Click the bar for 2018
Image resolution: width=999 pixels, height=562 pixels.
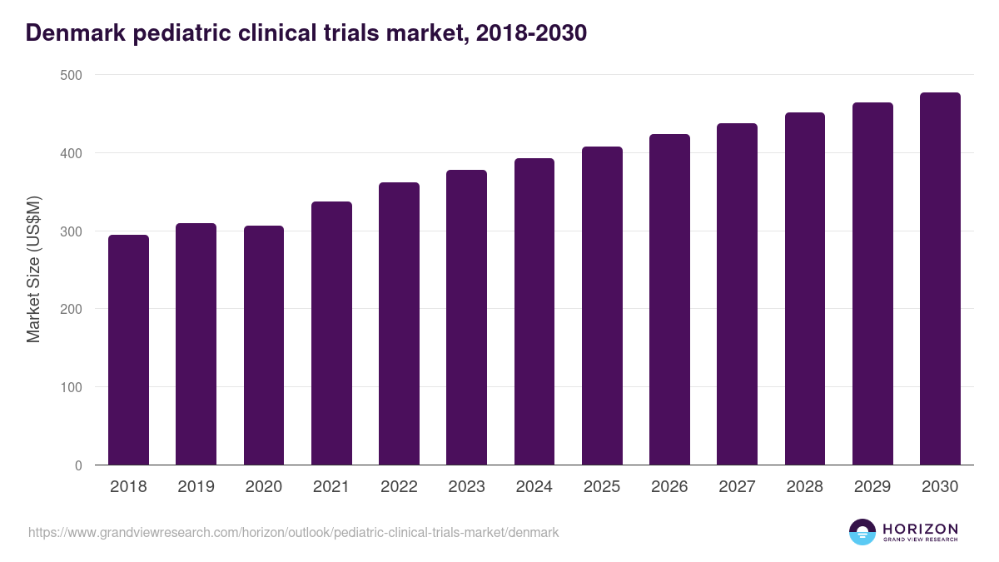point(128,350)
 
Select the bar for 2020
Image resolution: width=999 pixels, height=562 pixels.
point(264,346)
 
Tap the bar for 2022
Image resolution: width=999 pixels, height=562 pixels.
point(399,324)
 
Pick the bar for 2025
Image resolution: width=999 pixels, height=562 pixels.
point(602,306)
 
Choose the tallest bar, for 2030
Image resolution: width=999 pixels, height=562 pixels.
point(940,279)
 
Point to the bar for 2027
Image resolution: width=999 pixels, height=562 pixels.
point(738,294)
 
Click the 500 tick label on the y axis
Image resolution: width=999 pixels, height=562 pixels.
point(72,75)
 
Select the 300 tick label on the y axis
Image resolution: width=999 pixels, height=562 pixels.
point(72,231)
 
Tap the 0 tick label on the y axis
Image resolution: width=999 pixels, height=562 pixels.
point(78,465)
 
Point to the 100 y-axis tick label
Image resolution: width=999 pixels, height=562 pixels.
point(72,387)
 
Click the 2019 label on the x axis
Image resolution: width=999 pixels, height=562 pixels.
point(196,487)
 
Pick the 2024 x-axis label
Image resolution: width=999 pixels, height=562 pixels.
point(534,487)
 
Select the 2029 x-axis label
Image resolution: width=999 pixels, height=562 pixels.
point(872,487)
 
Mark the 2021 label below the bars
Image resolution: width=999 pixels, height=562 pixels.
point(331,487)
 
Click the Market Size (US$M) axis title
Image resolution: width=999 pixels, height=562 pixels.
point(33,270)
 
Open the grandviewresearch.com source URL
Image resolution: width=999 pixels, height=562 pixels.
point(293,532)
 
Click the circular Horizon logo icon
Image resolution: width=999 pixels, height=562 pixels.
point(862,532)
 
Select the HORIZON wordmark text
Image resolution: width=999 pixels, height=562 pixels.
point(920,529)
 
